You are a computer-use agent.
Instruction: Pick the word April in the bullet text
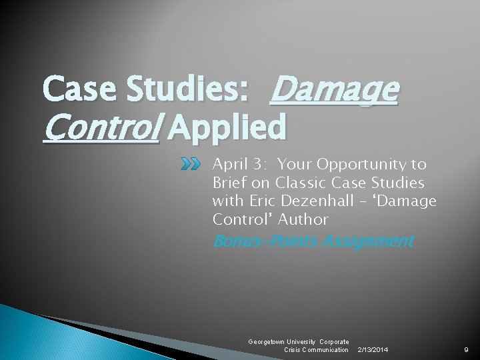[230, 165]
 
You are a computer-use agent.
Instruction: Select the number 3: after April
[263, 165]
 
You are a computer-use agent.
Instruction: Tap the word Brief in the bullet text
[231, 183]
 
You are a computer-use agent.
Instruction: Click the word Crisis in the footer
[294, 350]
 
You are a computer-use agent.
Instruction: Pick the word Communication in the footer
[327, 350]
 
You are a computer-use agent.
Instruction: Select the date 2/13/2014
[373, 350]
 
